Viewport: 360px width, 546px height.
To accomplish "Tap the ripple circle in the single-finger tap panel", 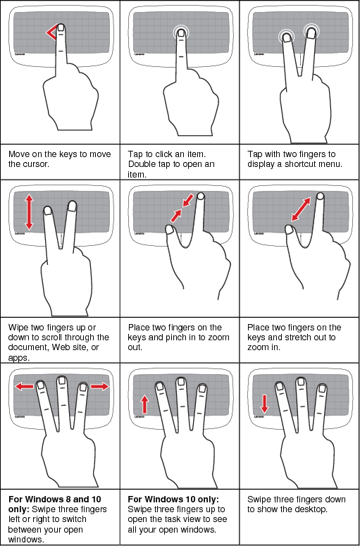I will pyautogui.click(x=182, y=33).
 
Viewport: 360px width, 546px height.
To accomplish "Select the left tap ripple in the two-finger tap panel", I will pyautogui.click(x=286, y=36).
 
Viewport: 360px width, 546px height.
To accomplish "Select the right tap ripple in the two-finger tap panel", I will pyautogui.click(x=311, y=30).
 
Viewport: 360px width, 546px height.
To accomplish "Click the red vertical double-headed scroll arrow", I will pyautogui.click(x=29, y=212).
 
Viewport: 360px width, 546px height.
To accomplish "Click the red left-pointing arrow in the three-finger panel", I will pyautogui.click(x=24, y=386).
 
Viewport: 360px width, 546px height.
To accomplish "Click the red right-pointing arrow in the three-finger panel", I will pyautogui.click(x=99, y=386).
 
